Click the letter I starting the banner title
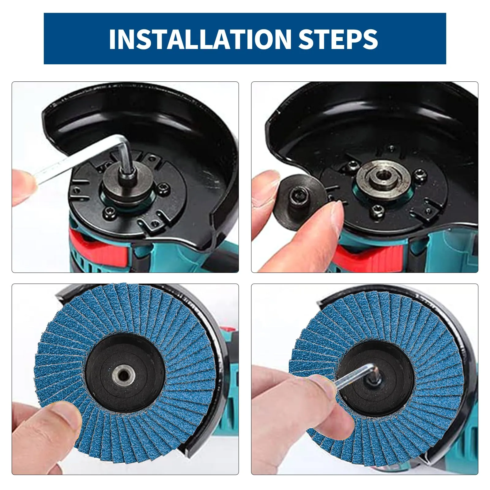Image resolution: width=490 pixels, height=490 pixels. (x=113, y=39)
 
